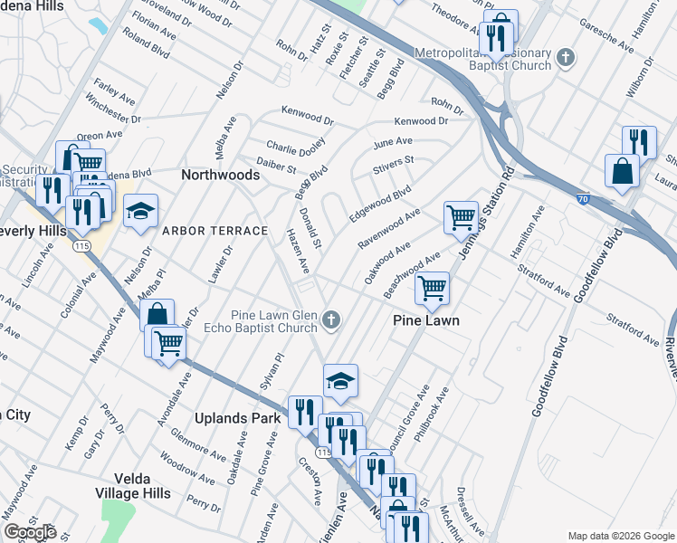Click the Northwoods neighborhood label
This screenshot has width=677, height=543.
tap(222, 175)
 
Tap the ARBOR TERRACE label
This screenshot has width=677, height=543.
tap(215, 231)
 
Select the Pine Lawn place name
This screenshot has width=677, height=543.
tap(426, 320)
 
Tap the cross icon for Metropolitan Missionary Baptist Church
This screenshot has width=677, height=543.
tap(566, 59)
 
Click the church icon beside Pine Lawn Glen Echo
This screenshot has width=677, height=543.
tap(332, 319)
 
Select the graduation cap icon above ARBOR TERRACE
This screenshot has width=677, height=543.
tap(140, 212)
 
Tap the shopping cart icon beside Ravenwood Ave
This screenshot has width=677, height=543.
tap(461, 217)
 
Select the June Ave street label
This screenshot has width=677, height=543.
tap(392, 143)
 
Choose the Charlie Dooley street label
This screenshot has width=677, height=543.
tap(296, 146)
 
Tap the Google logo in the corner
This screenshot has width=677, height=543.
tap(30, 531)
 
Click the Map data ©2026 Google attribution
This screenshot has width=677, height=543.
tap(619, 536)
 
